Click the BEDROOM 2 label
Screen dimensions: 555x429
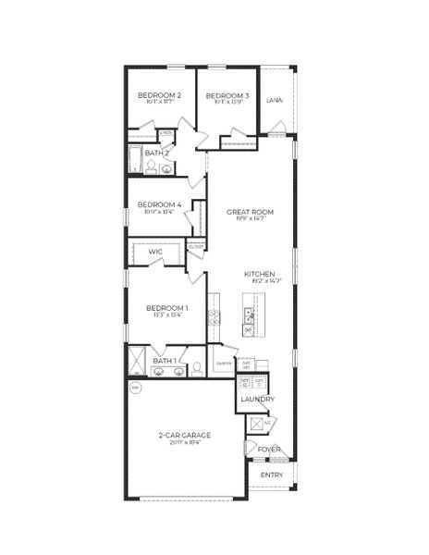pyautogui.click(x=159, y=95)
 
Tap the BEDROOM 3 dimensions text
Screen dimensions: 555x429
pyautogui.click(x=227, y=104)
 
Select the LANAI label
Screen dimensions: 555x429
pyautogui.click(x=274, y=100)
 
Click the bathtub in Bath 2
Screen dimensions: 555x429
pyautogui.click(x=134, y=159)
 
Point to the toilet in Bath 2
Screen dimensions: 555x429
pyautogui.click(x=151, y=166)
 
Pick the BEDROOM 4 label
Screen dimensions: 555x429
pyautogui.click(x=159, y=204)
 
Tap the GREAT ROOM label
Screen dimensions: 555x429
pyautogui.click(x=250, y=212)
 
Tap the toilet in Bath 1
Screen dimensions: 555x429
pyautogui.click(x=196, y=368)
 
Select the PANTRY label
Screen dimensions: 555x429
pyautogui.click(x=223, y=364)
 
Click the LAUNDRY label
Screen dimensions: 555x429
pyautogui.click(x=257, y=399)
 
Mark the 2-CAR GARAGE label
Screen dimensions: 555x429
pyautogui.click(x=184, y=435)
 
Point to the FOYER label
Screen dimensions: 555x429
pyautogui.click(x=269, y=450)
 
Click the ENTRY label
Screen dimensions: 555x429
pyautogui.click(x=272, y=475)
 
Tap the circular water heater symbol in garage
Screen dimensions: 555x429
pyautogui.click(x=137, y=389)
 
